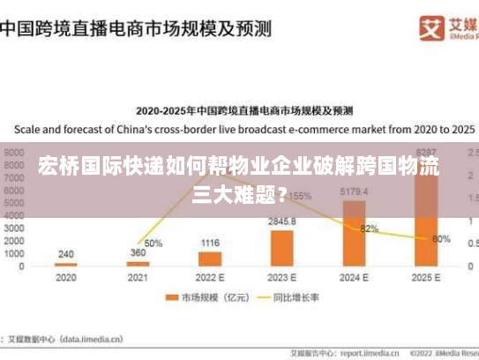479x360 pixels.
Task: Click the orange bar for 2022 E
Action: point(210,259)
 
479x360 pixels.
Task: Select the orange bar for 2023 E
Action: point(282,247)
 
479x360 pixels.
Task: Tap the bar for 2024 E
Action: point(354,232)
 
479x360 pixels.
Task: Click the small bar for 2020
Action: point(66,264)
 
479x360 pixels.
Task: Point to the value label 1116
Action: point(210,243)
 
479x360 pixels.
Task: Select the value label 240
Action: point(66,254)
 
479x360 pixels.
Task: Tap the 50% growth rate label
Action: point(153,244)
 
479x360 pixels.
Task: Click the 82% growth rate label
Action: point(369,229)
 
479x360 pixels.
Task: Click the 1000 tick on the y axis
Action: point(13,254)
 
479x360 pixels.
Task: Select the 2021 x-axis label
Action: point(138,277)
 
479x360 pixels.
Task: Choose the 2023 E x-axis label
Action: point(282,277)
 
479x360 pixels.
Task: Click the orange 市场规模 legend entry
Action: point(203,297)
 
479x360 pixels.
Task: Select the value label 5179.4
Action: point(354,191)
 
